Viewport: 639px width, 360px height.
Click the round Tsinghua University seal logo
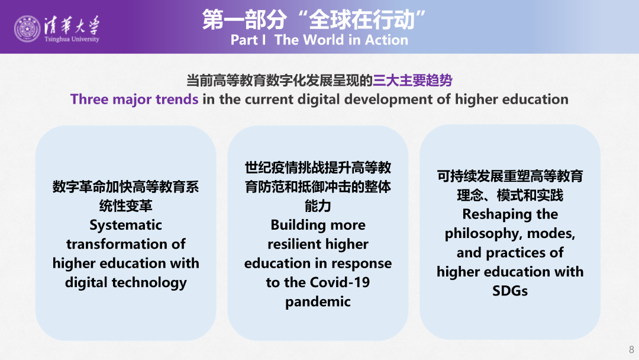(x=27, y=29)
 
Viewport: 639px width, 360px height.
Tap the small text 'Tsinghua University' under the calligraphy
(x=72, y=39)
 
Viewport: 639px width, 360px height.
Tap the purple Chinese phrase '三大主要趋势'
(x=412, y=81)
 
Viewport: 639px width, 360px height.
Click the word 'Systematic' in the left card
(x=126, y=225)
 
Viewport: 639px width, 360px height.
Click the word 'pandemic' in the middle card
(x=318, y=302)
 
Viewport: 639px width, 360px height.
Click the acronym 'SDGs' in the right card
(x=510, y=291)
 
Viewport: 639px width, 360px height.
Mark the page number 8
(x=632, y=349)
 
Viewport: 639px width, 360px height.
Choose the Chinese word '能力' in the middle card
(x=318, y=206)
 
